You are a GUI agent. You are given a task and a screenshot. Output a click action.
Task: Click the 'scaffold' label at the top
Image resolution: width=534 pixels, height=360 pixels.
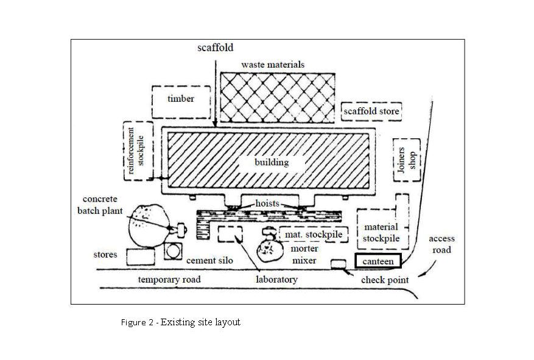pyautogui.click(x=216, y=47)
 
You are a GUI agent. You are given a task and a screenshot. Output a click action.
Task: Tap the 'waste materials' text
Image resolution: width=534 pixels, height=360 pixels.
pyautogui.click(x=273, y=64)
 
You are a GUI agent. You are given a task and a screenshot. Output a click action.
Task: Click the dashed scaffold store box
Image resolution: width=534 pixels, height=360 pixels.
pyautogui.click(x=372, y=111)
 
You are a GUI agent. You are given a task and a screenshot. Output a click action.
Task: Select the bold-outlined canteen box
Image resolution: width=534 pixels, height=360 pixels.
pyautogui.click(x=379, y=261)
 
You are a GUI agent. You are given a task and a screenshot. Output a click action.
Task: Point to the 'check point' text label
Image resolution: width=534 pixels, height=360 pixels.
pyautogui.click(x=384, y=280)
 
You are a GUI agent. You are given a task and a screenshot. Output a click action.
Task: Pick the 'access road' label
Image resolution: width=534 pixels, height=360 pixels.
pyautogui.click(x=441, y=244)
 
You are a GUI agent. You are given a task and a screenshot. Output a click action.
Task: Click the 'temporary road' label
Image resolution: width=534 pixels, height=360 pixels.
pyautogui.click(x=169, y=280)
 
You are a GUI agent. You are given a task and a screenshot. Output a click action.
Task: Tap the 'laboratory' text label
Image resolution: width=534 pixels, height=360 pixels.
pyautogui.click(x=276, y=280)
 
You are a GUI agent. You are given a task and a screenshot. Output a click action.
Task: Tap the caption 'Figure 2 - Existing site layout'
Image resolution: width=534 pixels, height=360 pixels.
pyautogui.click(x=180, y=322)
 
